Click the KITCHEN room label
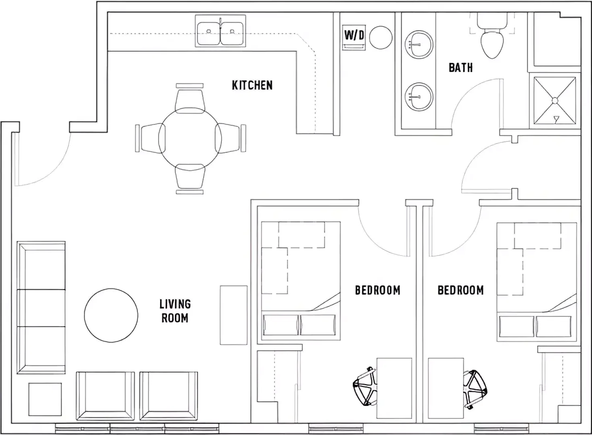(252, 85)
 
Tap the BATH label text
(461, 68)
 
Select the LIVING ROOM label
(175, 311)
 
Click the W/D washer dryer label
(354, 35)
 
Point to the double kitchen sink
(221, 31)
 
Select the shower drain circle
(555, 100)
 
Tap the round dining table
(190, 139)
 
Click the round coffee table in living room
(111, 315)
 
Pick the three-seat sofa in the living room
(41, 308)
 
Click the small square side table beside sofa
(45, 399)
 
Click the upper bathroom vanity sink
(419, 44)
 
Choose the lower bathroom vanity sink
(419, 97)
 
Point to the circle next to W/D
(381, 37)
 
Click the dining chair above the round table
(190, 99)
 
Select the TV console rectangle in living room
(234, 315)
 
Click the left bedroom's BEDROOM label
(377, 290)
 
